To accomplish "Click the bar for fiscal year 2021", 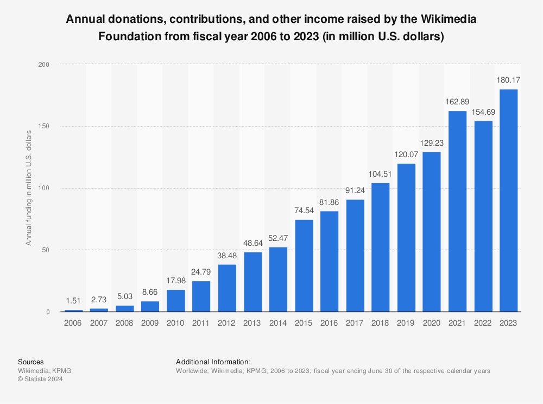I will point(457,212).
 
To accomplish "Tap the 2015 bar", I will point(304,266).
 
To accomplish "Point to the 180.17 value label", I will point(508,80).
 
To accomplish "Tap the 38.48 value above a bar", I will point(227,255).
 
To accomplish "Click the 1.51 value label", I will point(74,301).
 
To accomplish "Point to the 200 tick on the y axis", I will point(44,65).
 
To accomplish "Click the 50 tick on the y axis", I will point(46,250).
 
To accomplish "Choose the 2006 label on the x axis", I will point(74,322).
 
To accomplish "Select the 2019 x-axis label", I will point(406,322).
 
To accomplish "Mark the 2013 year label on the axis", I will point(252,322).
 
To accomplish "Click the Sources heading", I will point(31,362).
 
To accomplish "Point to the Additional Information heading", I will point(213,362).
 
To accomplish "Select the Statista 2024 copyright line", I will point(41,380).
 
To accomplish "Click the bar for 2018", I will point(381,247).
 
